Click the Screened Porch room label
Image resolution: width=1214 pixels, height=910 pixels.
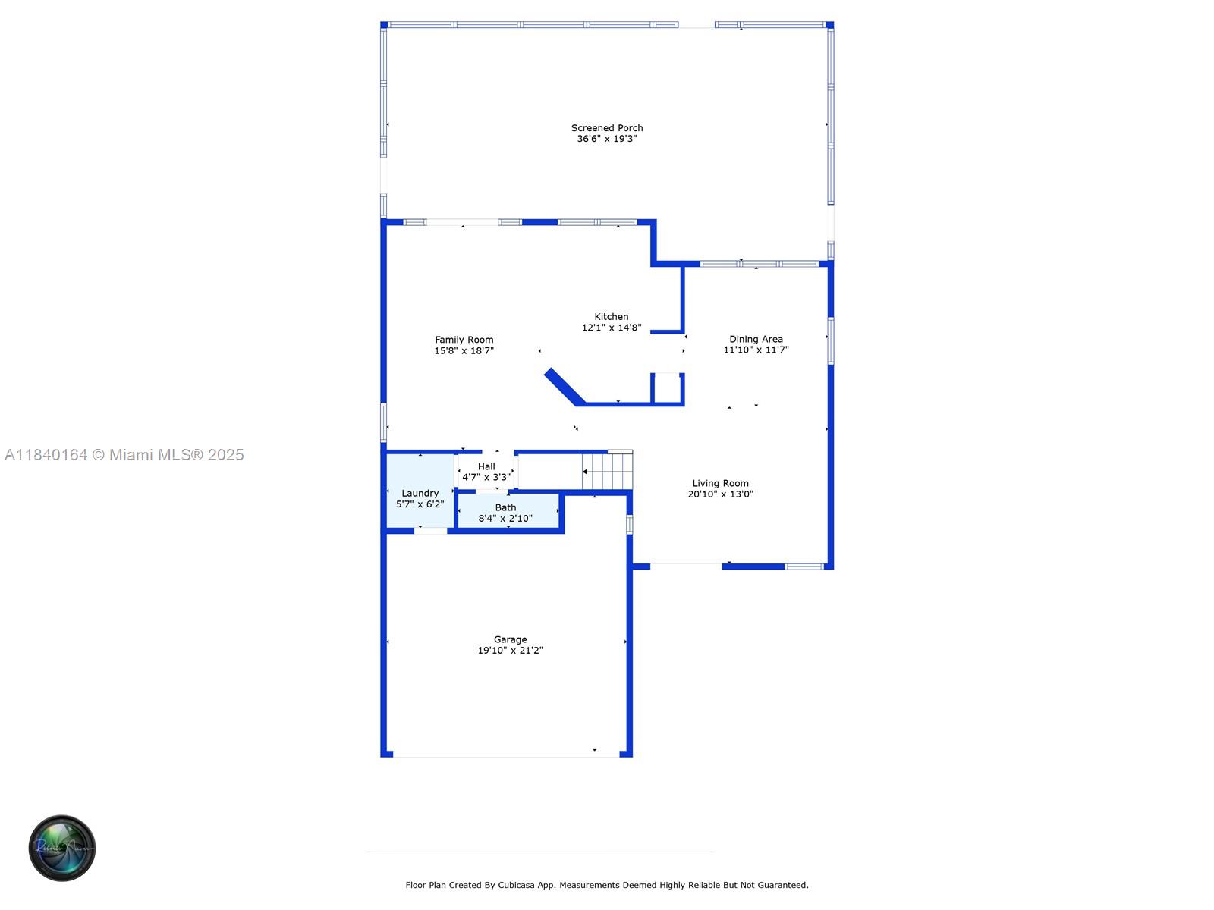coord(607,128)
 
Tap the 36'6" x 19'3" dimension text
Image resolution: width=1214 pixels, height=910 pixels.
coord(607,139)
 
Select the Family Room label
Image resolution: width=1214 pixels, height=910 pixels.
coord(464,340)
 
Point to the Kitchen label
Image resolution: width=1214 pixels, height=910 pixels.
coord(612,317)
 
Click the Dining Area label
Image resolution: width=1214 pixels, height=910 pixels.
coord(756,339)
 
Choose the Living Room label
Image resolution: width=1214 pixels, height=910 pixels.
coord(720,483)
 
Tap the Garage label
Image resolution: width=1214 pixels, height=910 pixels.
coord(510,639)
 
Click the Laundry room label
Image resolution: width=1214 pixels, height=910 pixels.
coord(420,493)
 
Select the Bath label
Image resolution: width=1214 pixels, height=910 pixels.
coord(505,507)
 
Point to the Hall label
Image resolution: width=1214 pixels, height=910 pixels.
coord(486,466)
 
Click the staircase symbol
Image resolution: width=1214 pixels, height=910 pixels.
coord(608,471)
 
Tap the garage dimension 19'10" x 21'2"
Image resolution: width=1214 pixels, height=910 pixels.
coord(510,651)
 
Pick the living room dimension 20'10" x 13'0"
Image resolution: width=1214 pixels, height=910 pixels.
coord(720,494)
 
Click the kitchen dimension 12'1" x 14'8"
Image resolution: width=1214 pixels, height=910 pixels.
coord(612,328)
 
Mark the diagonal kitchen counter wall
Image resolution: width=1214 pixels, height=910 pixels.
coord(565,386)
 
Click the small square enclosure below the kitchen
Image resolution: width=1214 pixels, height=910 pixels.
coord(668,388)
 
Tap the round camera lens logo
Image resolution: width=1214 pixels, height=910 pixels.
coord(62,848)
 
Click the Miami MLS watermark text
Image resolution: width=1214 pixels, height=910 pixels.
coord(124,455)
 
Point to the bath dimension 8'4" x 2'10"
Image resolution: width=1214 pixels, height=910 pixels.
coord(505,519)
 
